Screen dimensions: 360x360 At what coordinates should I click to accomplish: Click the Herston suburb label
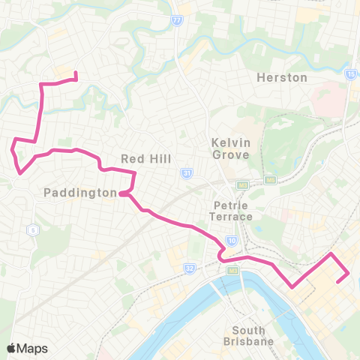pos(282,77)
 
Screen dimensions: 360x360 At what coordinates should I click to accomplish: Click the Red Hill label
pos(146,158)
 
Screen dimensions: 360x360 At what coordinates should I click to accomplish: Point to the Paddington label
pos(79,193)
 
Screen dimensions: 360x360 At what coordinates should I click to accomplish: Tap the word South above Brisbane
pos(249,330)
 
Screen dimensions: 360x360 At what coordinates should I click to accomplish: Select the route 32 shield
pos(190,267)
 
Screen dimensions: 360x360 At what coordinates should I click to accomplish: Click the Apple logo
pos(12,348)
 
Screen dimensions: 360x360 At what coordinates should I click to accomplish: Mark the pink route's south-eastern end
pos(340,281)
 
